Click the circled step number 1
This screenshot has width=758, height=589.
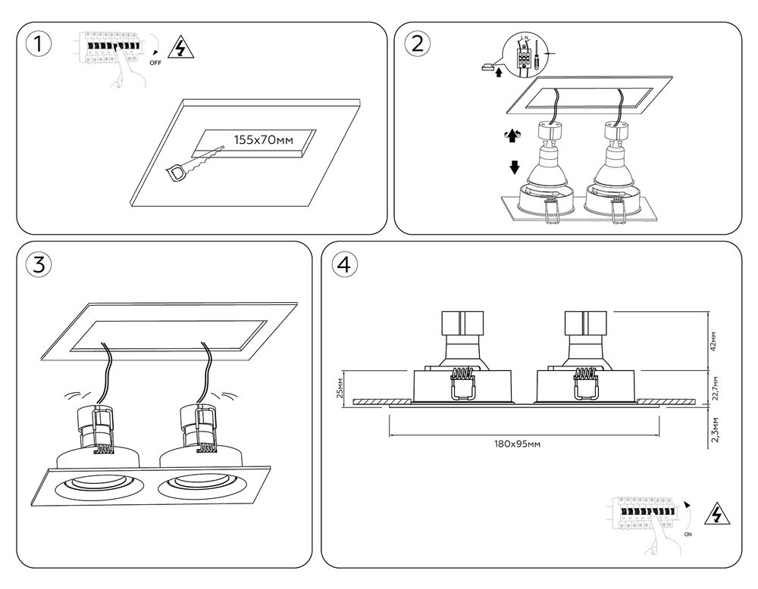(x=39, y=44)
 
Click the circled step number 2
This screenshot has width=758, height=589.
(x=416, y=44)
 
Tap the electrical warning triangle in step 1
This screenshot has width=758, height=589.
(x=180, y=48)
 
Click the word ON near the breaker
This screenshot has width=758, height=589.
(x=688, y=534)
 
